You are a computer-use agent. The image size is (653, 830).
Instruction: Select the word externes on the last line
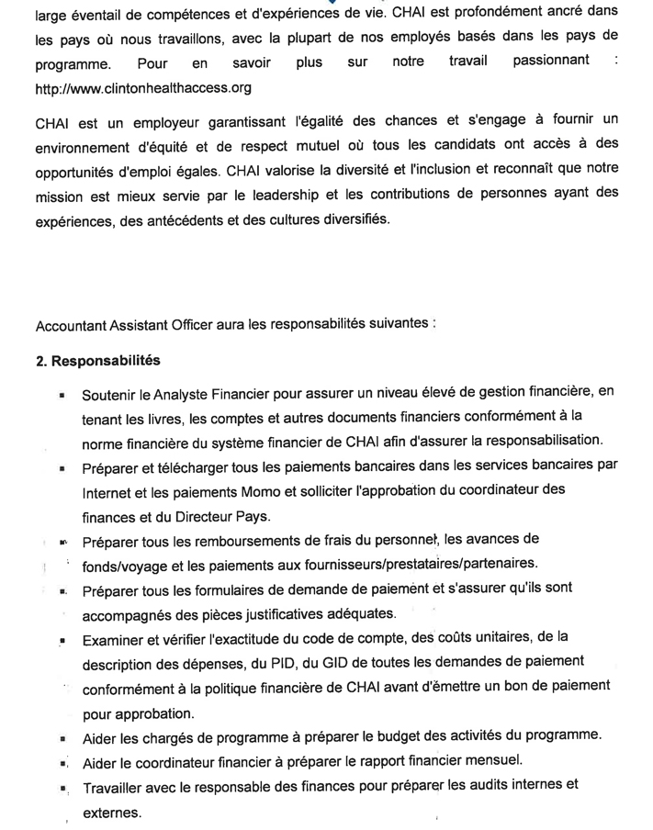tap(112, 813)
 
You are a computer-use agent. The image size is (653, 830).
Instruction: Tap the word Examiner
tap(115, 637)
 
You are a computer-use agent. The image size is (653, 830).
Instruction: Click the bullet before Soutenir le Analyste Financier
tap(62, 396)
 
